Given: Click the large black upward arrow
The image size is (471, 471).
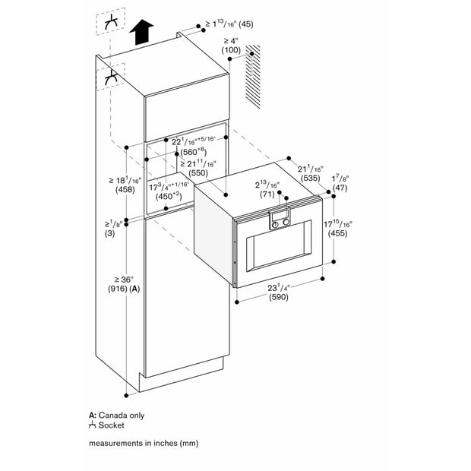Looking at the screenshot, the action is coord(142,32).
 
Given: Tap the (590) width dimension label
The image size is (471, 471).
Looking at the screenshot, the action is coord(279,297).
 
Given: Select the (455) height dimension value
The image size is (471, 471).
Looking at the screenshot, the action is coord(337,233).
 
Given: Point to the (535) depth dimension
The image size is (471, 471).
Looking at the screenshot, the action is coord(310,178).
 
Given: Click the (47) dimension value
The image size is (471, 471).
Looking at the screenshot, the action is coord(340,188).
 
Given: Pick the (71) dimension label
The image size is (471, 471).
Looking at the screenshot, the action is coord(267,194).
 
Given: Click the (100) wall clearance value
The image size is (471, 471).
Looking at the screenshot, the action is coord(231,50).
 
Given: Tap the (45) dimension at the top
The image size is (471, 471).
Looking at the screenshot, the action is coord(245,24).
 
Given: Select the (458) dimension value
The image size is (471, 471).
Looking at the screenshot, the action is coord(125,190).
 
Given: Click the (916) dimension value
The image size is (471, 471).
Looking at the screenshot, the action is coord(119,289).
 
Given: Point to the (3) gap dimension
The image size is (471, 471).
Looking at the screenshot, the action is coord(109,233).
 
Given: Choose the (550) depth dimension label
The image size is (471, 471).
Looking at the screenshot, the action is coord(198,173).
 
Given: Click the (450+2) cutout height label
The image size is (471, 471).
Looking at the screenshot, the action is coord(169,197).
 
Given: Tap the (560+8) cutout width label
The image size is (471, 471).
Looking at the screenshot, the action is coord(194,151).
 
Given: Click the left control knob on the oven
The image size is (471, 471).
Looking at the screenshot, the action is coord(275,225).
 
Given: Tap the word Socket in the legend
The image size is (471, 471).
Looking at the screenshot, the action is coord(111,425).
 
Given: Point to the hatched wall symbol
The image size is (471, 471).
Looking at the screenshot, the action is coord(253,77).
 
